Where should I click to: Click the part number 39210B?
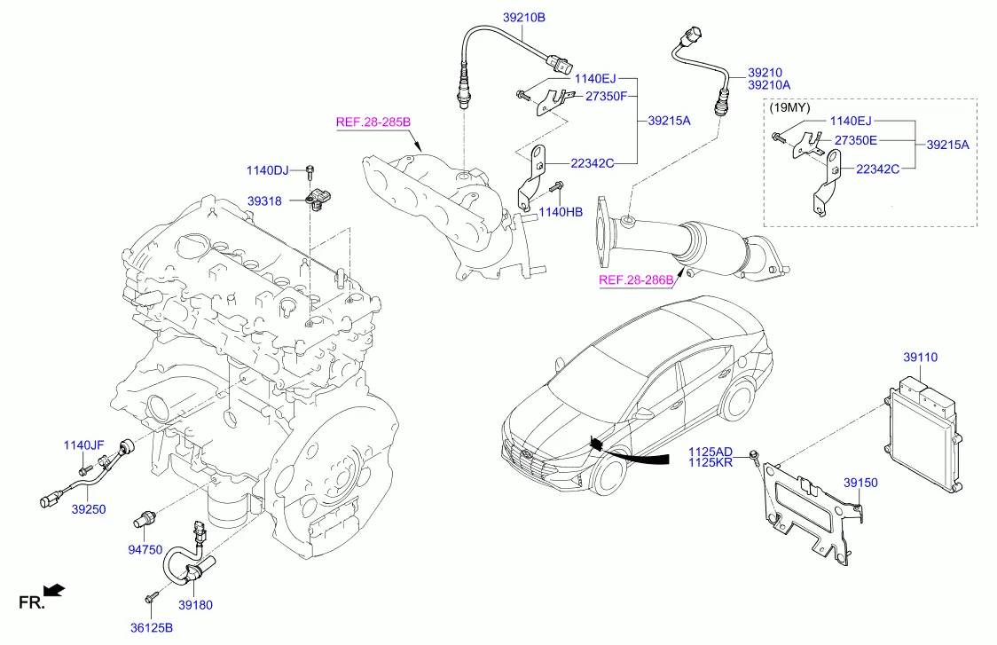click(523, 17)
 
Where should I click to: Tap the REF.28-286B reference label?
click(635, 281)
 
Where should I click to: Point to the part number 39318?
click(264, 201)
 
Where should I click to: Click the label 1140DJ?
click(268, 169)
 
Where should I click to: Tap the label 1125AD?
click(711, 452)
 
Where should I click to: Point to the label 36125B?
click(151, 629)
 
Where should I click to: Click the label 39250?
click(89, 510)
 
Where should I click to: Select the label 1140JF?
click(83, 445)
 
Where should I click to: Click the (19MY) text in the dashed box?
click(789, 108)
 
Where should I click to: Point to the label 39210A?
click(769, 85)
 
